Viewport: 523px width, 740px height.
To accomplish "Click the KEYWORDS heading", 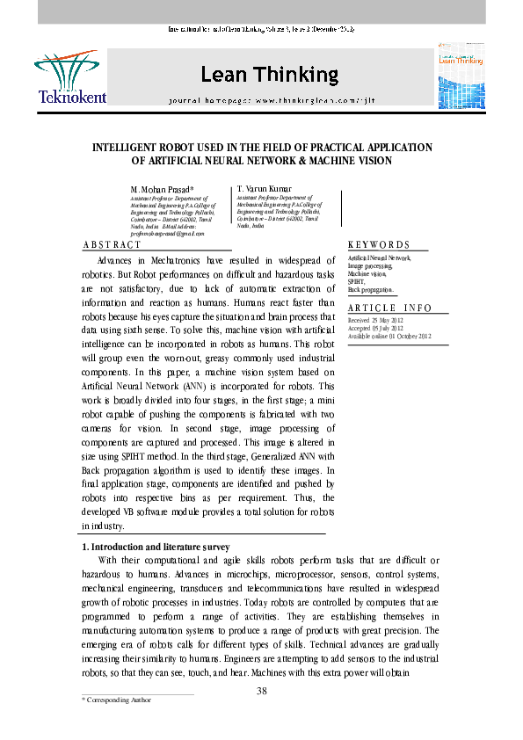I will coord(379,244).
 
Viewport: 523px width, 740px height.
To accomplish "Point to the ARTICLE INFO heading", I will coord(390,308).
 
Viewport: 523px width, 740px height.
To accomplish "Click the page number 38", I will coord(261,691).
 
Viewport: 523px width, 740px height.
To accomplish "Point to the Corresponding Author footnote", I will coord(116,700).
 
